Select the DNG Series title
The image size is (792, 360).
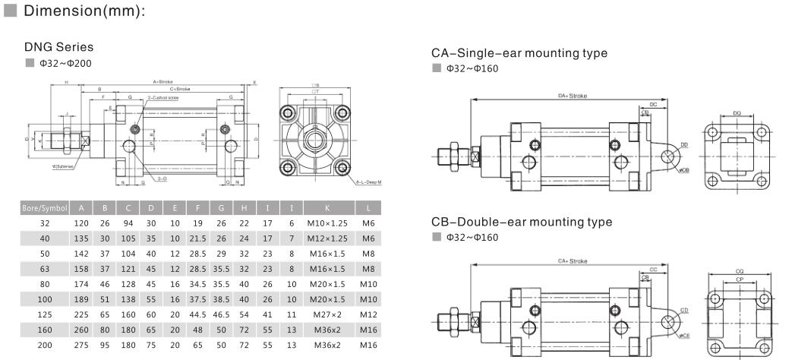pyautogui.click(x=58, y=47)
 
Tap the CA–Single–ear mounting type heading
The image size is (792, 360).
pyautogui.click(x=519, y=53)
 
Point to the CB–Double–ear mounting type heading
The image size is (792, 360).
pyautogui.click(x=520, y=223)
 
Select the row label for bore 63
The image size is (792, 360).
pyautogui.click(x=45, y=270)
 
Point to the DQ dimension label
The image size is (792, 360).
pyautogui.click(x=737, y=113)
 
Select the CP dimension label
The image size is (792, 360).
pyautogui.click(x=737, y=279)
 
